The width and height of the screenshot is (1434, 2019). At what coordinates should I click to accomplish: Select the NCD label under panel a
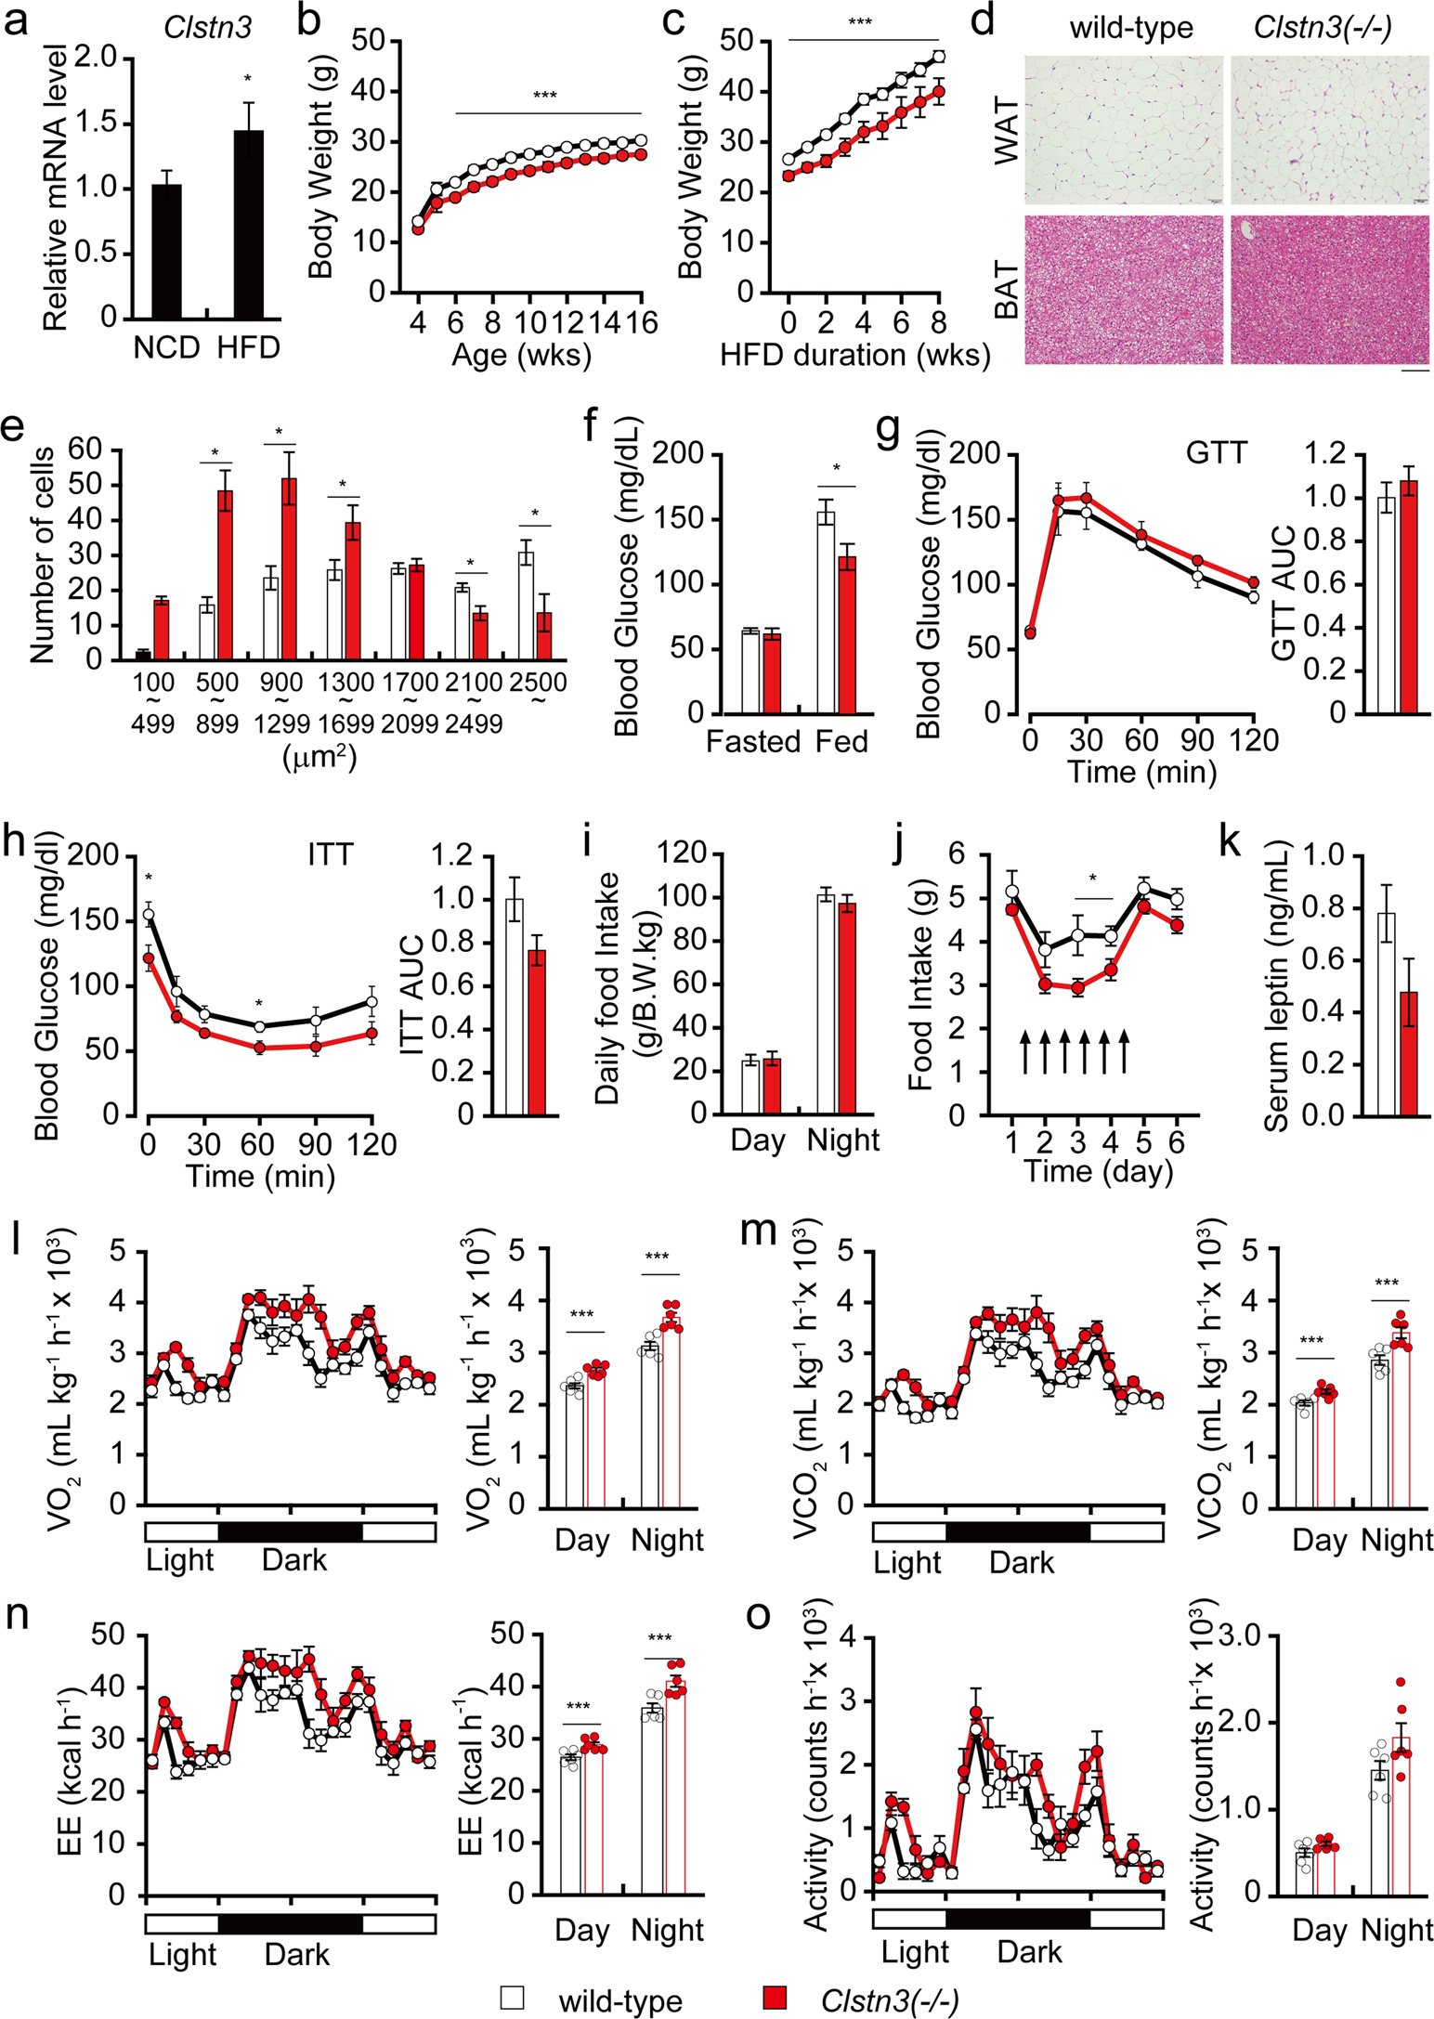167,347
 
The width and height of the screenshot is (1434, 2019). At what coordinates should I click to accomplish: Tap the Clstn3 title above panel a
207,27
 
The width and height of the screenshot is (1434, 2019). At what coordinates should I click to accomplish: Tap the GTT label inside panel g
1216,453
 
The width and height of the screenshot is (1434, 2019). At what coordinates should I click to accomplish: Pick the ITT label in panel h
330,854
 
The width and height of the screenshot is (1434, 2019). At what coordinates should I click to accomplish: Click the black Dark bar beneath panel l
290,1531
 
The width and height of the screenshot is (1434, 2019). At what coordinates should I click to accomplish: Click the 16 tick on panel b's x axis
641,322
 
